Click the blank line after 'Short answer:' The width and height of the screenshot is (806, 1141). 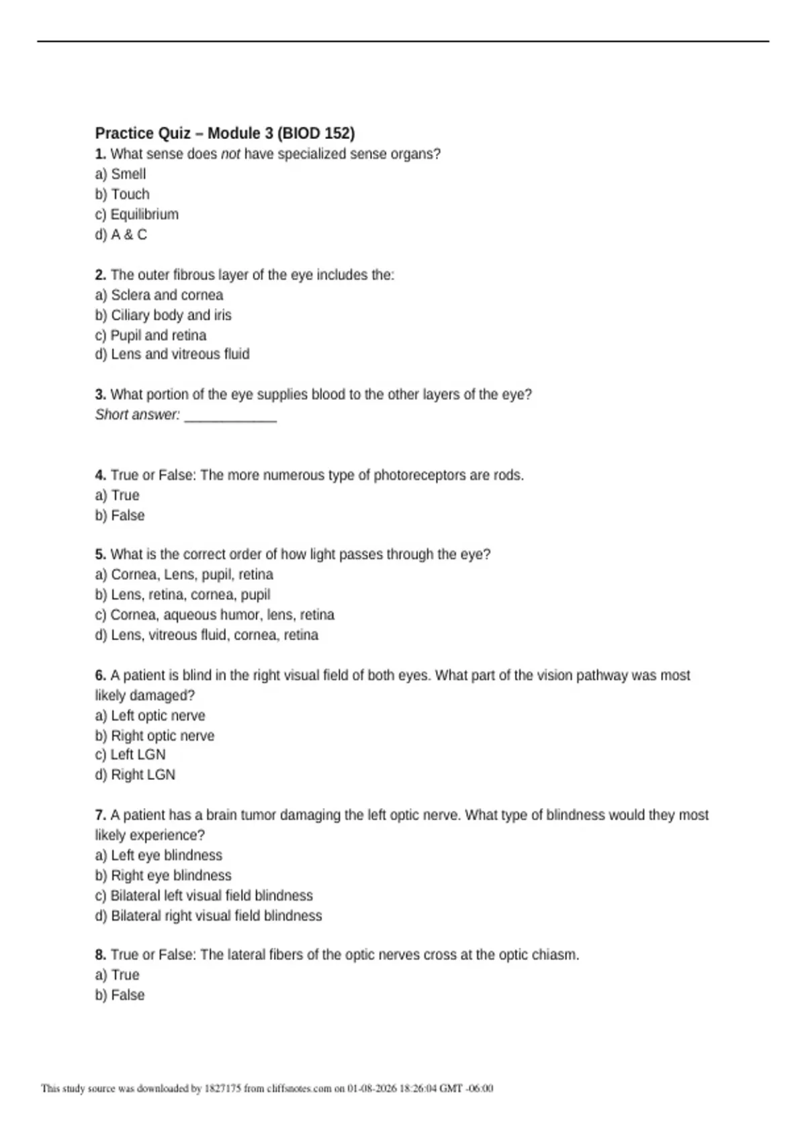pyautogui.click(x=230, y=415)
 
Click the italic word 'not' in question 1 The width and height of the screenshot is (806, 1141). pyautogui.click(x=230, y=154)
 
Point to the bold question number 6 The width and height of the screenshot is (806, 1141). pyautogui.click(x=100, y=675)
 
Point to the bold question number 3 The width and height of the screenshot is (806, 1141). pyautogui.click(x=100, y=395)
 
